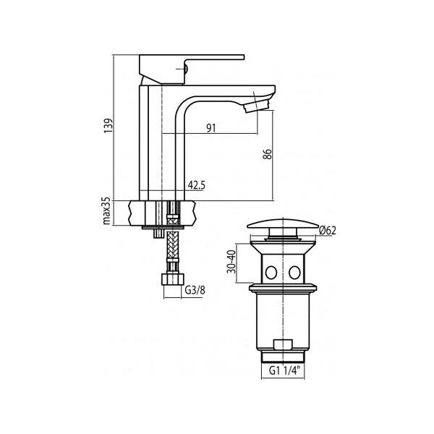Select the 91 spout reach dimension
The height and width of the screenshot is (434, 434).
pos(211,128)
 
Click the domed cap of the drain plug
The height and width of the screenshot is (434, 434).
pos(284,224)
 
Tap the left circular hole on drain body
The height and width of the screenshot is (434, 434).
pos(272,273)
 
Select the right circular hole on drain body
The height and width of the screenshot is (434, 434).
pos(296,273)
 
